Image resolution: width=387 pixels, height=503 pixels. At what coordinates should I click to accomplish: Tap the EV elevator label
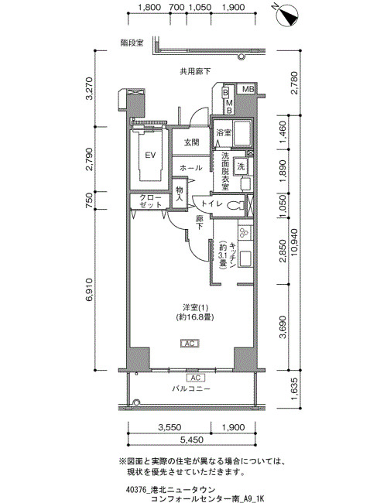tap(150, 156)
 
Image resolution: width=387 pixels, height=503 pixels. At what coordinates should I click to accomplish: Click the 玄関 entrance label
tap(192, 142)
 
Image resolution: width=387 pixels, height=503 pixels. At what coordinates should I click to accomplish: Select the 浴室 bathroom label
tap(224, 132)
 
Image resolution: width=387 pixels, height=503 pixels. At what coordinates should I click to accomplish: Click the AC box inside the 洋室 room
tap(190, 344)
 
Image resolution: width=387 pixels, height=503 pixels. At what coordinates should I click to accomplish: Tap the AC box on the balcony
tap(195, 378)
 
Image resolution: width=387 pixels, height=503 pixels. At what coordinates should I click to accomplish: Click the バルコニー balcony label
tap(191, 388)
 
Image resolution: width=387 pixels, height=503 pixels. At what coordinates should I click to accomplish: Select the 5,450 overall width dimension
tap(192, 440)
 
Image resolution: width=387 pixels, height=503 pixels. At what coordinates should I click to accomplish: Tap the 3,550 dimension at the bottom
tap(170, 427)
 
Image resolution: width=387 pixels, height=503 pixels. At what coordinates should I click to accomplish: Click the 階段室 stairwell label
tap(132, 43)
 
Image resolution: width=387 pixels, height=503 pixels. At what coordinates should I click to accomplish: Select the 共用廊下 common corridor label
tap(195, 71)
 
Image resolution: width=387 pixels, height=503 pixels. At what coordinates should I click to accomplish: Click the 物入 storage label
tap(179, 194)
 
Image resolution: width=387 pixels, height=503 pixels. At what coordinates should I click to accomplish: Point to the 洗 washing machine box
tap(241, 166)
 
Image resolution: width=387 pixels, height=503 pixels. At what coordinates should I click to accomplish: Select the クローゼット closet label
tap(150, 201)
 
